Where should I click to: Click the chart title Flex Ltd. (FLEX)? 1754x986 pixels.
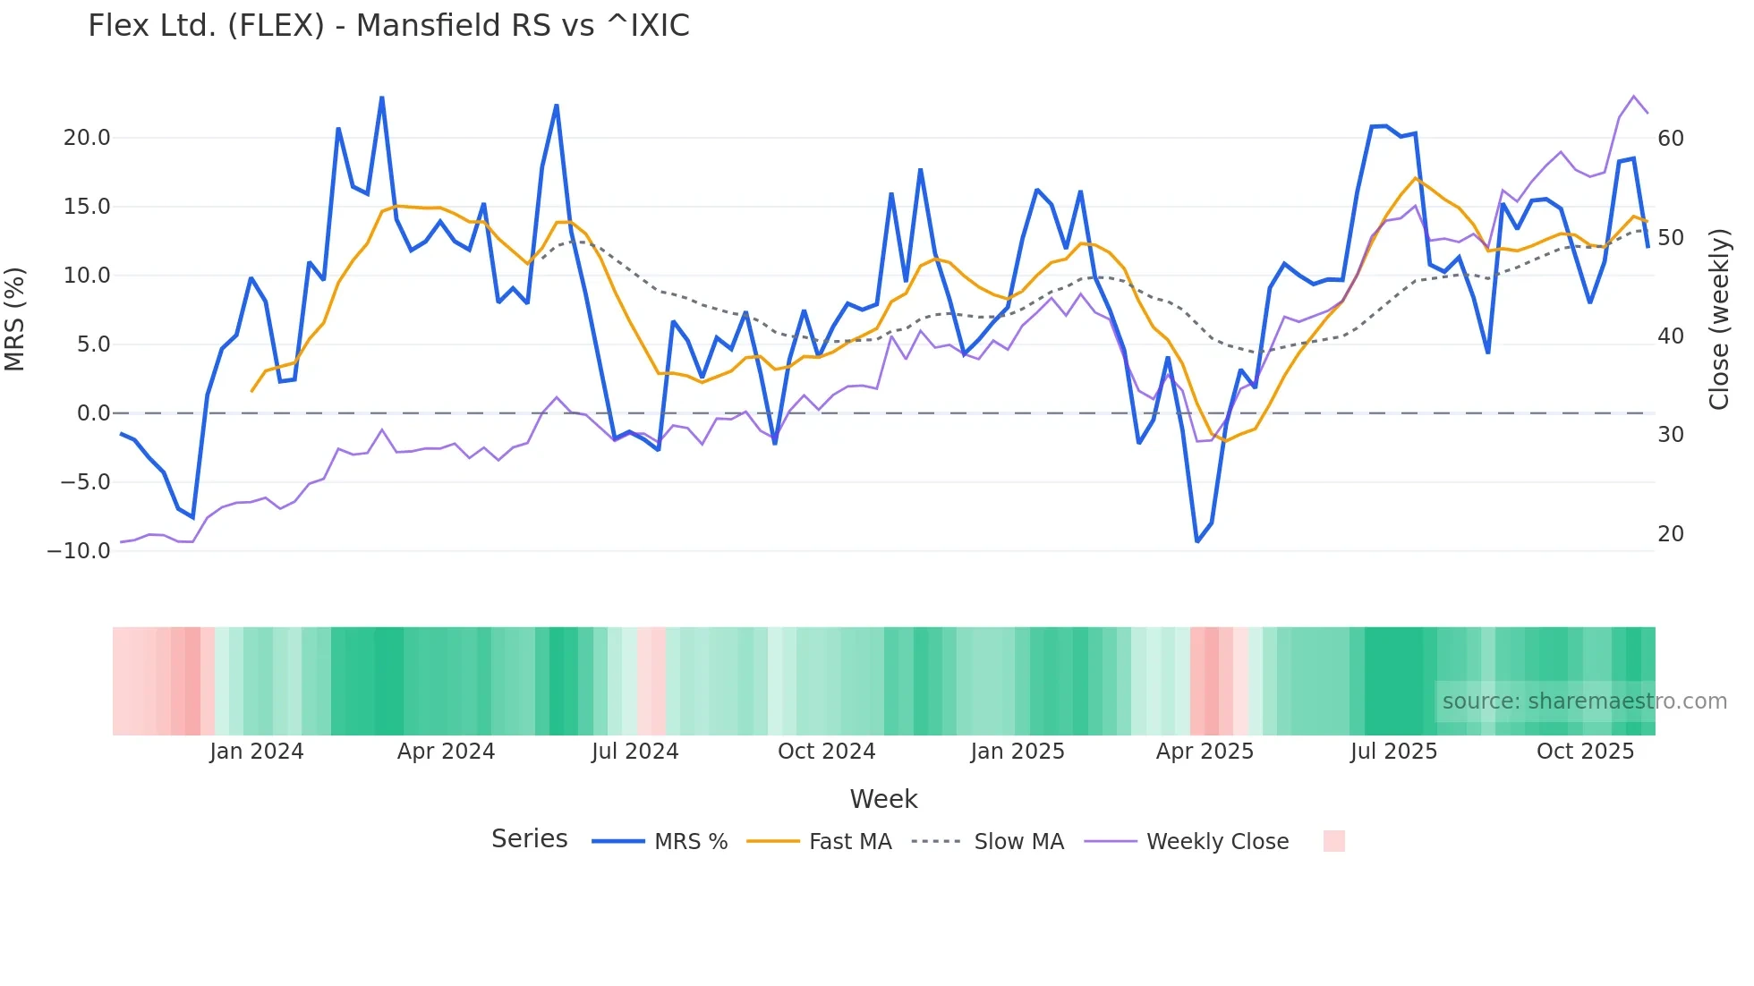tap(388, 26)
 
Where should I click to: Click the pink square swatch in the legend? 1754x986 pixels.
tap(1333, 841)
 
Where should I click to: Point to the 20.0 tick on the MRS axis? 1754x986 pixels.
tap(87, 138)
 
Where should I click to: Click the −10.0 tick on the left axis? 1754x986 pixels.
tap(79, 551)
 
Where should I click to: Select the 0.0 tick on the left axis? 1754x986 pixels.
tap(93, 413)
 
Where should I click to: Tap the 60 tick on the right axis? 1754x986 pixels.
tap(1670, 139)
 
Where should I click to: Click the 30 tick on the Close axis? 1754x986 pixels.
tap(1670, 435)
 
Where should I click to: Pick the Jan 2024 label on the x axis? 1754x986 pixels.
tap(257, 752)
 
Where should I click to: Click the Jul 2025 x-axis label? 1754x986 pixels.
tap(1393, 752)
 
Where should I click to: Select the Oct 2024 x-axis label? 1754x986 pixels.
tap(826, 752)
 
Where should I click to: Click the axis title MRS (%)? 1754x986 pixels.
tap(15, 319)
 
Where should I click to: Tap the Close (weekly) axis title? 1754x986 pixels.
tap(1719, 319)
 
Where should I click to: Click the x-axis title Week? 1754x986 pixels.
tap(883, 799)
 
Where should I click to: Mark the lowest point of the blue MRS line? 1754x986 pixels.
tap(1197, 541)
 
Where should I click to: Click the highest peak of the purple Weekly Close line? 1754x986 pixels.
tap(1634, 96)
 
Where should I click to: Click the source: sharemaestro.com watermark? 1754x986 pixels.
tap(1584, 701)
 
